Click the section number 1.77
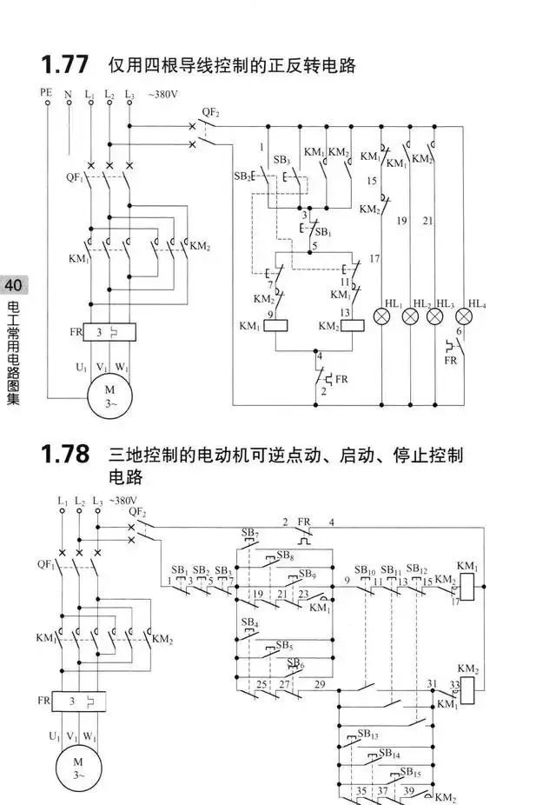coord(64,64)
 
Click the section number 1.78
coord(64,454)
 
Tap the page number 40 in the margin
coord(13,285)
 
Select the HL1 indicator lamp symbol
coord(381,316)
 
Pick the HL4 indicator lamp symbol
coord(464,316)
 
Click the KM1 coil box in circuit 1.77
coord(276,325)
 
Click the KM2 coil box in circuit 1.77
coord(353,325)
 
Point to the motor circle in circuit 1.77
coord(109,396)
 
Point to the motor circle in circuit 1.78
coord(78,768)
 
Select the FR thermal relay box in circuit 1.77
coord(109,332)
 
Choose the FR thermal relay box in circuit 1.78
coord(79,702)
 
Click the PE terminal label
coord(46,92)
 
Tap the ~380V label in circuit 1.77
coord(163,94)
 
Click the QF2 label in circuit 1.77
coord(210,112)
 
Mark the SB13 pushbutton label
coord(367,735)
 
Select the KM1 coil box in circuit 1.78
coord(467,586)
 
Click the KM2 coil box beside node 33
coord(467,690)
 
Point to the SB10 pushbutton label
coord(365,570)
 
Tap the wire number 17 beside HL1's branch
coord(374,258)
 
